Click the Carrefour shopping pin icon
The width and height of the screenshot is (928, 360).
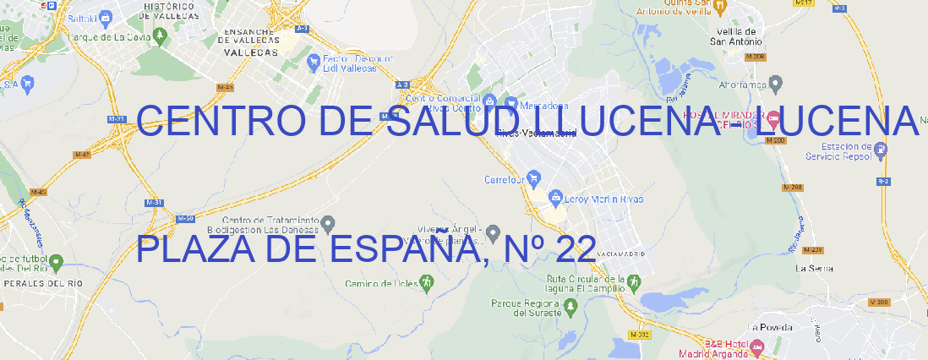click(x=535, y=179)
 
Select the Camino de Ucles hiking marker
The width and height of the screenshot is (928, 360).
click(x=426, y=282)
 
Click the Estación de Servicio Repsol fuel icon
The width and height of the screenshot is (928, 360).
click(x=882, y=151)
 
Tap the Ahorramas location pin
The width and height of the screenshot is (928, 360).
click(x=777, y=83)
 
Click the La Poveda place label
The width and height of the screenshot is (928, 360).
click(x=770, y=327)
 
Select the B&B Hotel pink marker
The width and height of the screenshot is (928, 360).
click(x=757, y=346)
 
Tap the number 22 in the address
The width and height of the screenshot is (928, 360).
click(x=576, y=248)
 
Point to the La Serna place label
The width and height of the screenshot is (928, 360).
click(x=814, y=268)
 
